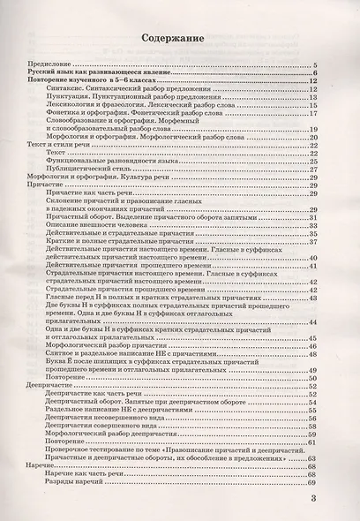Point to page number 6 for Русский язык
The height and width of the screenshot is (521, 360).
(313, 73)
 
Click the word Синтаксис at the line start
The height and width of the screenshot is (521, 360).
(91, 89)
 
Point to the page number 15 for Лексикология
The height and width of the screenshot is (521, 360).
(312, 105)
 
